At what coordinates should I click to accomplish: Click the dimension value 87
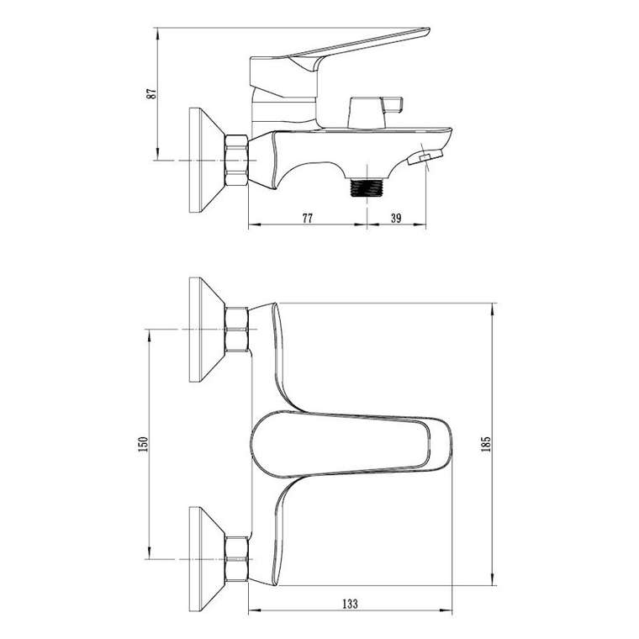point(151,93)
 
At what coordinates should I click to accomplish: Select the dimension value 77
point(307,218)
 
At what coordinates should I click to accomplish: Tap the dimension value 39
point(396,218)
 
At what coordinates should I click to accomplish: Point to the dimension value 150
point(143,444)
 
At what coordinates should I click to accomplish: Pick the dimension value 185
point(486,444)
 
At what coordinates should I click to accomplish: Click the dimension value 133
point(350,604)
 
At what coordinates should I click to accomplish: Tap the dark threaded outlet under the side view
point(367,187)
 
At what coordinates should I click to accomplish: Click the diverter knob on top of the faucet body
point(375,112)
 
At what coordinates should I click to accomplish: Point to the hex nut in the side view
point(236,161)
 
